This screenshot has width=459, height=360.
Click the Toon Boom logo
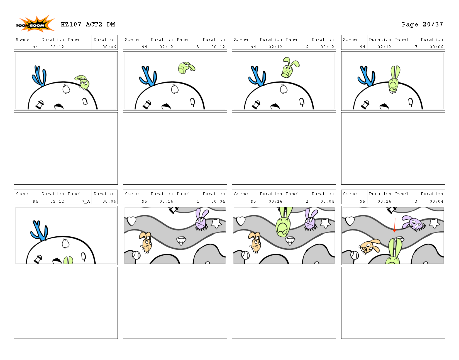[x=35, y=24]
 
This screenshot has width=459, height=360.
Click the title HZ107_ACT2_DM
[x=88, y=25]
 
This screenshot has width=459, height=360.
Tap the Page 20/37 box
[x=422, y=25]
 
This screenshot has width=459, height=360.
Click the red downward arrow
[x=395, y=225]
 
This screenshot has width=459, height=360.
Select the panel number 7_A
[x=86, y=201]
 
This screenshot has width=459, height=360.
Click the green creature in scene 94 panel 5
[x=186, y=68]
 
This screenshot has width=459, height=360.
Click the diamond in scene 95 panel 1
[x=181, y=241]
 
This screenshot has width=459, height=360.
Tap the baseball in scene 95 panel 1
[x=136, y=255]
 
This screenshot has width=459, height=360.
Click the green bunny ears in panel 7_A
[x=68, y=260]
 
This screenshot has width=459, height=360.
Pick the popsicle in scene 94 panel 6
[x=302, y=102]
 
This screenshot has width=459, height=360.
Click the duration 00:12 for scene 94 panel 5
[x=218, y=47]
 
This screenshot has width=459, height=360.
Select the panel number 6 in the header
[x=307, y=47]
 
